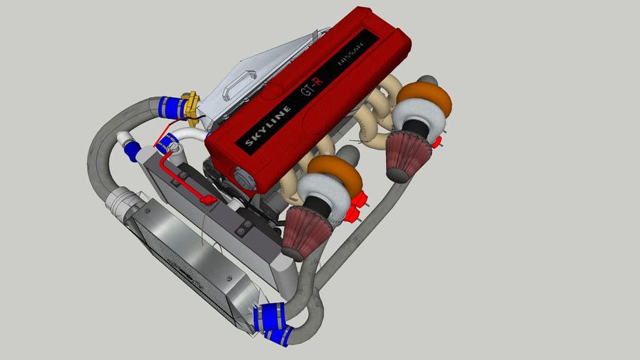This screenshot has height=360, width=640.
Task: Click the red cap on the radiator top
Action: coord(207,200)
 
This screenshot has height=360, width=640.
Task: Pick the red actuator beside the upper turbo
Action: coord(436,142)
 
